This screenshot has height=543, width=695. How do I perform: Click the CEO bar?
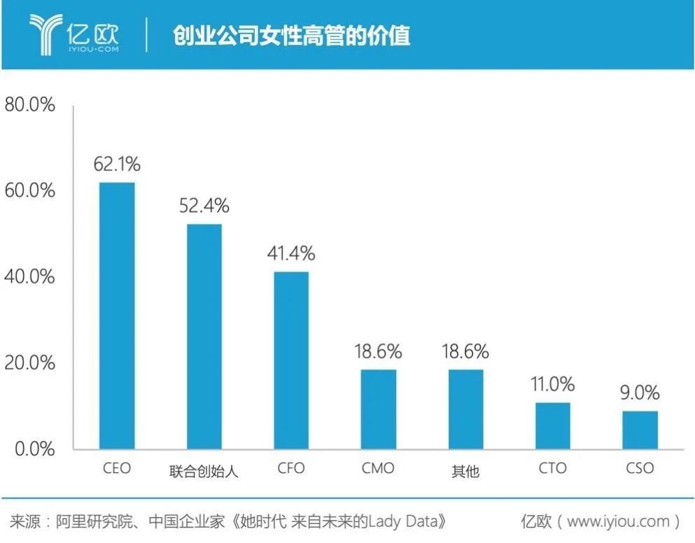coord(116,316)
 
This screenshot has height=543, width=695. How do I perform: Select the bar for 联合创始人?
coord(204,337)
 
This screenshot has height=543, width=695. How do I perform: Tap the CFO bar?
coord(291,360)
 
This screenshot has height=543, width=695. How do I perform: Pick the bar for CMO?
coord(379,409)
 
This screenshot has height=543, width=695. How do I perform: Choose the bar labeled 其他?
coord(465,409)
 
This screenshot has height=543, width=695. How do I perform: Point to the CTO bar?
coord(553,425)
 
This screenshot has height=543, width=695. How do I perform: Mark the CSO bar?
coord(640,430)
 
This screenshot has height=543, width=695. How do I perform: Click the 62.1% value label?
coord(117,164)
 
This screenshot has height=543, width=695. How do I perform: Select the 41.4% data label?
coord(291,253)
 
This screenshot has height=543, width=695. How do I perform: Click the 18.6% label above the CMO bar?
coord(379,351)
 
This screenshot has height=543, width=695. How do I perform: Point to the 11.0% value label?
coord(553,384)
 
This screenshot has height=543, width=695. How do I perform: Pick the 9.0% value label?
coord(640,393)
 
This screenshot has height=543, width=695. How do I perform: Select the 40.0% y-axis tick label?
coord(29,276)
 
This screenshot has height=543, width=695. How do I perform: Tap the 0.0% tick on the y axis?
coord(34,449)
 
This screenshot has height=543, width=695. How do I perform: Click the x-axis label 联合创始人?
coord(204,471)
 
